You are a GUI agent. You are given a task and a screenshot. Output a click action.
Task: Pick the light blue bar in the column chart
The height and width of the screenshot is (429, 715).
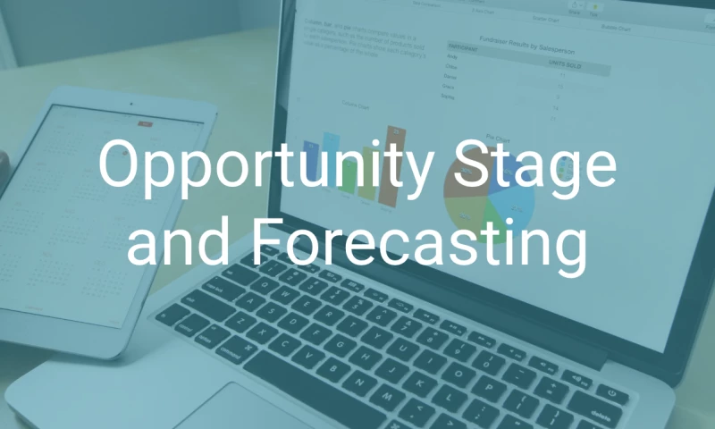click(332, 152)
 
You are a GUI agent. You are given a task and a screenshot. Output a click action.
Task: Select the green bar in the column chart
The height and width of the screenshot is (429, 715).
click(348, 179)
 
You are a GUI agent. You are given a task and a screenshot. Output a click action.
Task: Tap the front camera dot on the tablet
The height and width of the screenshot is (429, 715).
click(131, 103)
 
